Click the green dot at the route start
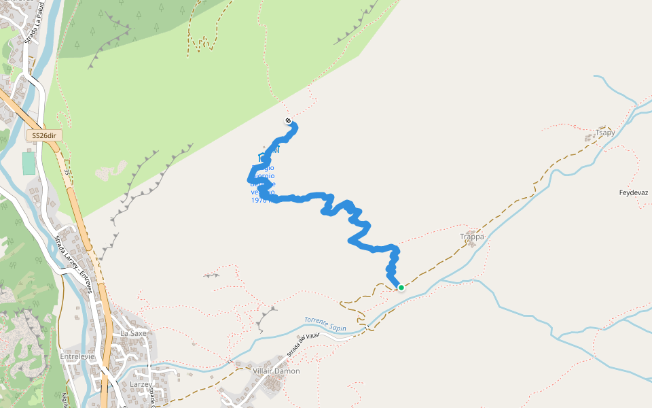pos(401,288)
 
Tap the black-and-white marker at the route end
pos(288,121)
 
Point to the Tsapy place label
pos(604,133)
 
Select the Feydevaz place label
pos(634,193)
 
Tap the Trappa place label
pos(472,237)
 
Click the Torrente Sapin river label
pos(325,324)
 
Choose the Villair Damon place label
pos(276,371)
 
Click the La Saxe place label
pos(133,334)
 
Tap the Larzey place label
pos(141,384)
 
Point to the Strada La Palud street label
pos(30,27)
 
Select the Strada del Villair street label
pos(303,345)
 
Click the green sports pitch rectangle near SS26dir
pos(29,163)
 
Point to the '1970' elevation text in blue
pos(259,200)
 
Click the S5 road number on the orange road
pos(67,173)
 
